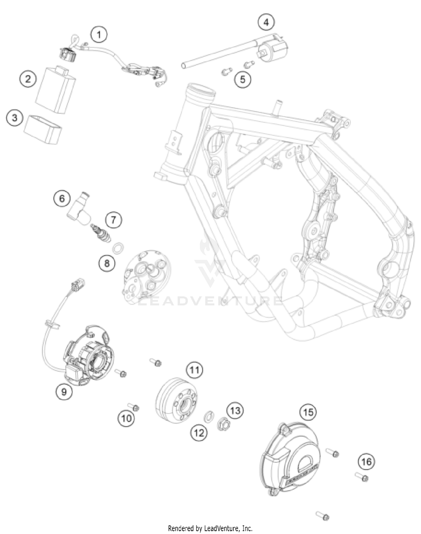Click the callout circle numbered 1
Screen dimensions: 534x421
pos(99,35)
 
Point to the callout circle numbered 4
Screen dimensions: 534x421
pos(266,22)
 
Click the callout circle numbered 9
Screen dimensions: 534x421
pos(64,391)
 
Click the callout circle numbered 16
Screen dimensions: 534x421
pos(367,462)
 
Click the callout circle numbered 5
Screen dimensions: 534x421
pos(242,79)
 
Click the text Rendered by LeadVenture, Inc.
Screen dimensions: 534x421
pos(210,528)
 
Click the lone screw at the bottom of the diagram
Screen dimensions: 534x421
pos(322,516)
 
